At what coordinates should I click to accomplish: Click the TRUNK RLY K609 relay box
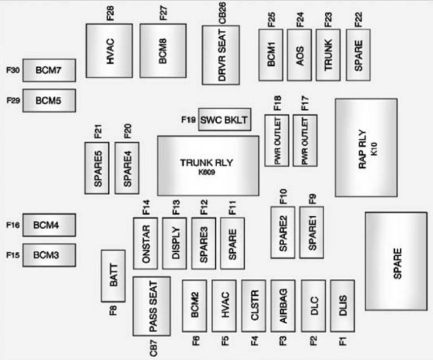[x=207, y=166]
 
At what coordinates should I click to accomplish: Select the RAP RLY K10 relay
[x=366, y=147]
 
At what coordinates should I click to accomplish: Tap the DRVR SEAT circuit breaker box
[x=221, y=55]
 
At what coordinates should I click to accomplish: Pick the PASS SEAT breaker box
[x=151, y=306]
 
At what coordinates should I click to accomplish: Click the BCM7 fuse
[x=49, y=70]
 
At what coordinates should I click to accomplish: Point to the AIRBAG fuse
[x=282, y=306]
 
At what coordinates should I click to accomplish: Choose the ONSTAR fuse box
[x=145, y=243]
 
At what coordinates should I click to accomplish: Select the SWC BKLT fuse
[x=224, y=119]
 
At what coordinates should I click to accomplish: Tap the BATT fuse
[x=113, y=276]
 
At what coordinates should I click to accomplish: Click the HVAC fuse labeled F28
[x=109, y=51]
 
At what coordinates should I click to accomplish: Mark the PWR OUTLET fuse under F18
[x=277, y=140]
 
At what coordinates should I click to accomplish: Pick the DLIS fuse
[x=343, y=306]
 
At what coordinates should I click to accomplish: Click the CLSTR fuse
[x=254, y=306]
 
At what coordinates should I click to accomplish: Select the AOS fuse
[x=299, y=55]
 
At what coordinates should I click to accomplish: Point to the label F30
[x=13, y=70]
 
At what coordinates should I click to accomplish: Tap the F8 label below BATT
[x=113, y=310]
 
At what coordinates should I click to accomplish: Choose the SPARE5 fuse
[x=97, y=168]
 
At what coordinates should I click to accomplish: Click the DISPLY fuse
[x=174, y=243]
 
